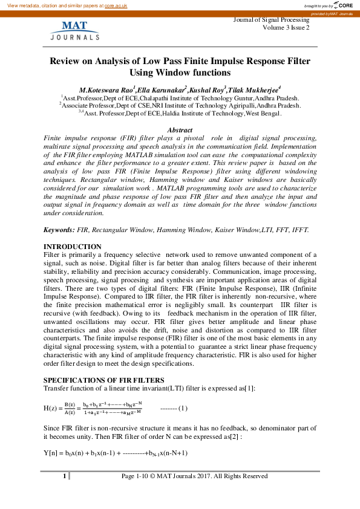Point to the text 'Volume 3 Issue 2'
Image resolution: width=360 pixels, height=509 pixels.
286,28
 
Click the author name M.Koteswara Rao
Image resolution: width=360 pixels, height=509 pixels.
110,91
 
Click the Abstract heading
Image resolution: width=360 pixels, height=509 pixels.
180,130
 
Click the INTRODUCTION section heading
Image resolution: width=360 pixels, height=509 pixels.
73,247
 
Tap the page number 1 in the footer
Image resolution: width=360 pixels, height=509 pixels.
64,476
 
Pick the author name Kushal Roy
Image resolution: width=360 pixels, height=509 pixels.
208,91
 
